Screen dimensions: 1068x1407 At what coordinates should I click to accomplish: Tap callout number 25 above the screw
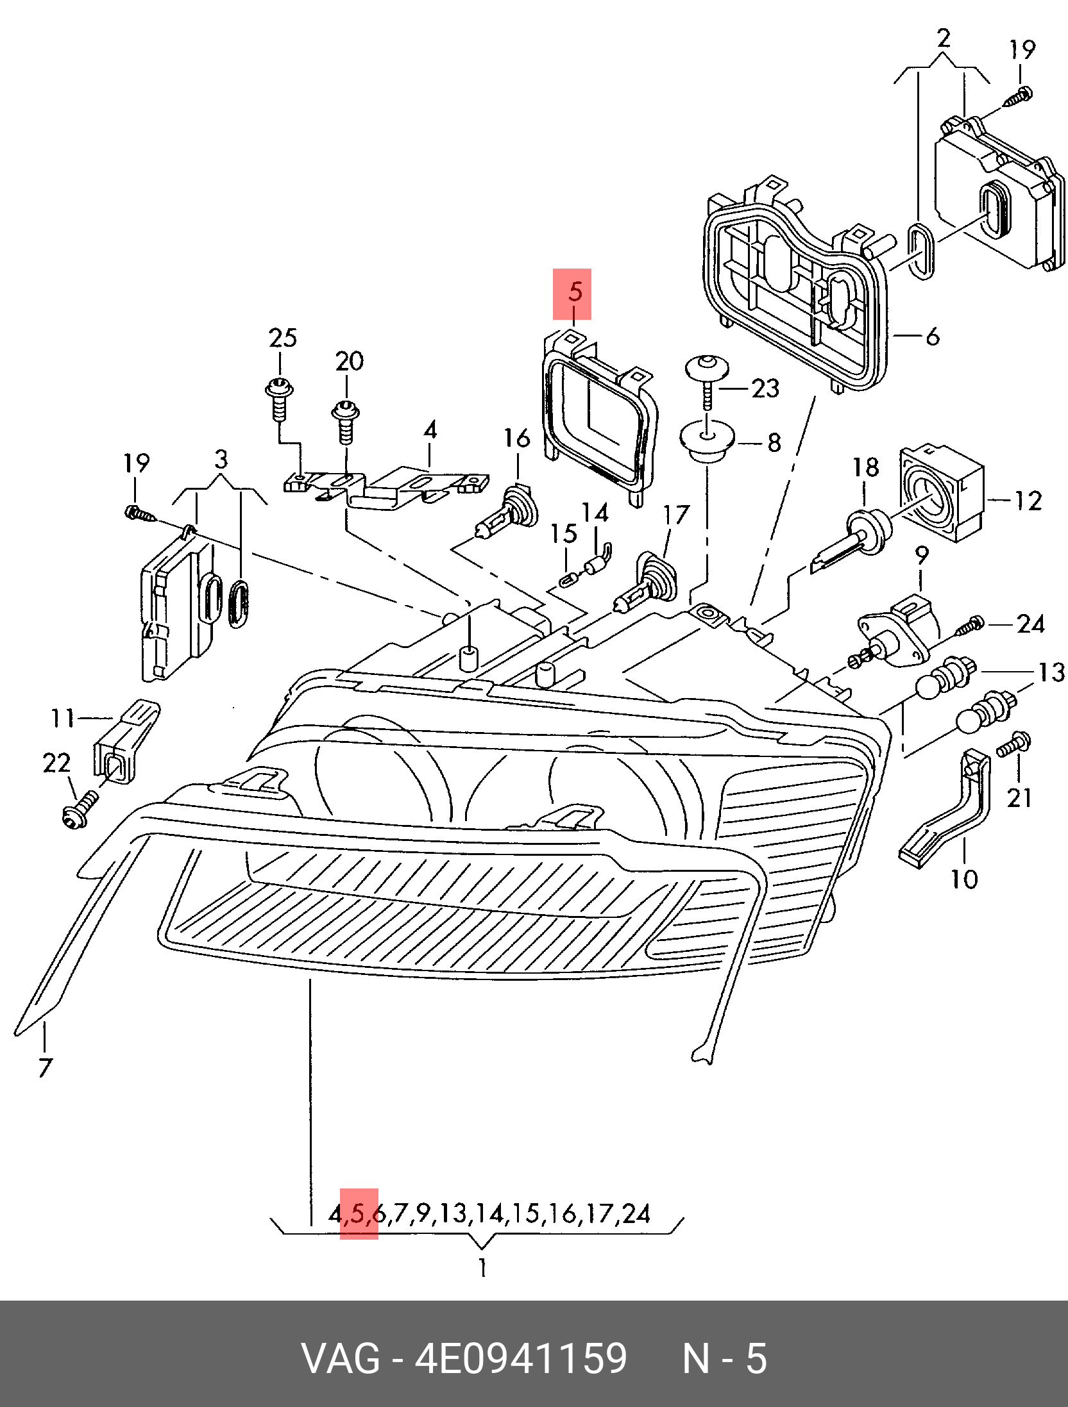click(283, 337)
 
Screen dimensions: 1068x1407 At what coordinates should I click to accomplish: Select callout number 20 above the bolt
click(349, 361)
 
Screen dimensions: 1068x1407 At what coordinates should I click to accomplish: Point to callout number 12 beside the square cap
click(1027, 500)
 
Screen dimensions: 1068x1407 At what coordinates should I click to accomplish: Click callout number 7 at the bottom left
click(44, 1068)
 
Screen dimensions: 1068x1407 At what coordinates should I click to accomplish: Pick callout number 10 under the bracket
click(963, 878)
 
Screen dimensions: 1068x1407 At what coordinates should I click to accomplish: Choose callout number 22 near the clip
click(56, 763)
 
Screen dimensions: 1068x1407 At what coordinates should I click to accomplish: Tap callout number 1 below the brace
click(482, 1268)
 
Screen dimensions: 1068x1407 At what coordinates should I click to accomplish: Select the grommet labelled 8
click(706, 440)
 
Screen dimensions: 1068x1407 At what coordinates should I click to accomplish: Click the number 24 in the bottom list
click(635, 1213)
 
